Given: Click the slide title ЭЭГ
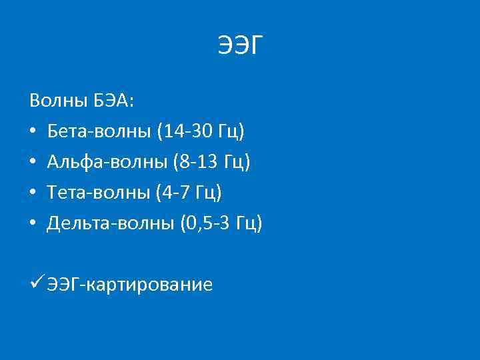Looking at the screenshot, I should point(241,46).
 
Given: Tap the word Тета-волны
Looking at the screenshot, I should point(99,193).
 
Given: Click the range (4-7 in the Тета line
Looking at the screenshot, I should point(173,193).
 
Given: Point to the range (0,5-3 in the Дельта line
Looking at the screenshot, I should point(205,223).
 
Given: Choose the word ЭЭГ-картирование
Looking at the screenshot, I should point(129,285).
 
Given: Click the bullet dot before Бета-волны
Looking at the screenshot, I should point(33,132).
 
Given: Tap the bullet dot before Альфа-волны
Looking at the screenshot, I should point(33,163).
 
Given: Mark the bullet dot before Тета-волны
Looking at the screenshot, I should point(33,193).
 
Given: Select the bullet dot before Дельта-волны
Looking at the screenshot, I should point(33,224).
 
